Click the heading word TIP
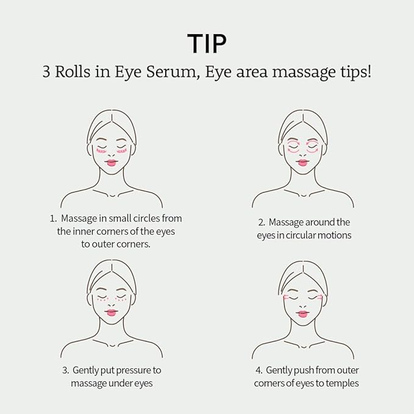[207, 43]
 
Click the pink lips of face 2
[303, 162]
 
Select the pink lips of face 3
[112, 312]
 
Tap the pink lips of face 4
[303, 313]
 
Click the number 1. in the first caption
[54, 218]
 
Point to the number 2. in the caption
[262, 223]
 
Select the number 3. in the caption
[65, 370]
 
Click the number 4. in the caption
[259, 370]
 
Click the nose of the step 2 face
[303, 154]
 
